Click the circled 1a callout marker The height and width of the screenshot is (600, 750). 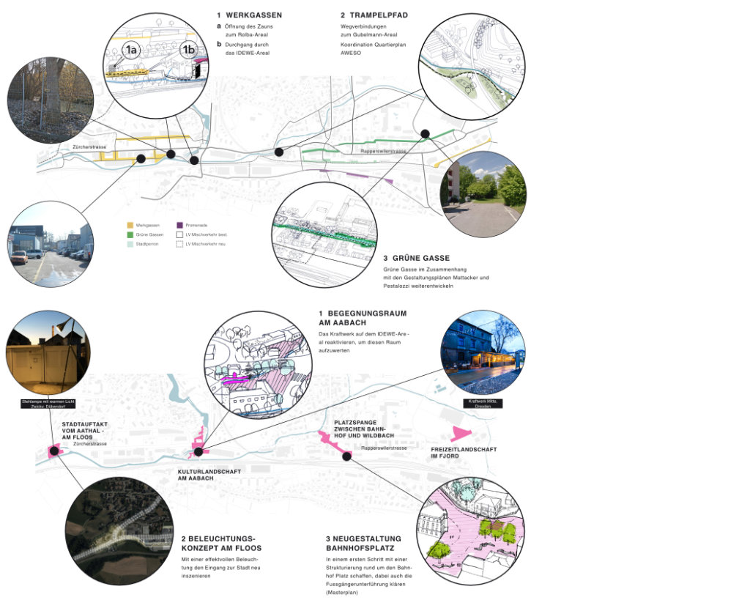click(132, 50)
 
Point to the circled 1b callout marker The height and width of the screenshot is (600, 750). click(189, 50)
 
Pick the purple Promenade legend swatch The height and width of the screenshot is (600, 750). click(180, 224)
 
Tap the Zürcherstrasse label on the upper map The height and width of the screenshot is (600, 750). click(89, 147)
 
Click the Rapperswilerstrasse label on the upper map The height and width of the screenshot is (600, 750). click(383, 151)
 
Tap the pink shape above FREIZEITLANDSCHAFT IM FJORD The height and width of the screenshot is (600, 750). click(461, 433)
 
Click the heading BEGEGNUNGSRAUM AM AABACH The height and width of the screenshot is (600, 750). click(362, 318)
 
